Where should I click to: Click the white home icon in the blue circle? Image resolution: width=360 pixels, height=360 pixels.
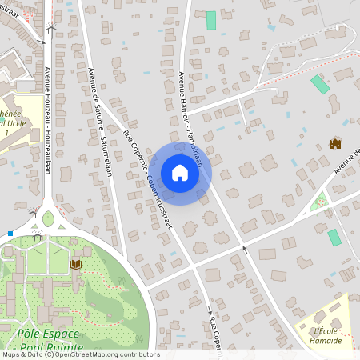180,173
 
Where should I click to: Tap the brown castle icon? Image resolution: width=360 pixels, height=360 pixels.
335,144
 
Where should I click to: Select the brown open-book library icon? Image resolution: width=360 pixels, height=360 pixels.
76,263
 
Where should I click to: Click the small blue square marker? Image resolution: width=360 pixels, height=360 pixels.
10,234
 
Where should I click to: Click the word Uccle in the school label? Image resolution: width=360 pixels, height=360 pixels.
16,124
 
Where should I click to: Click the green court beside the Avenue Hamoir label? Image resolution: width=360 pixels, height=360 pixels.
211,21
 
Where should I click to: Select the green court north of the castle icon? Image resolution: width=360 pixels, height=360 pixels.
320,84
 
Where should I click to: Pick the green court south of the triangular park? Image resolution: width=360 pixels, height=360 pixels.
334,237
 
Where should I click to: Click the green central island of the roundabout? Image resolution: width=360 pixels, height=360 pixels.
48,218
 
